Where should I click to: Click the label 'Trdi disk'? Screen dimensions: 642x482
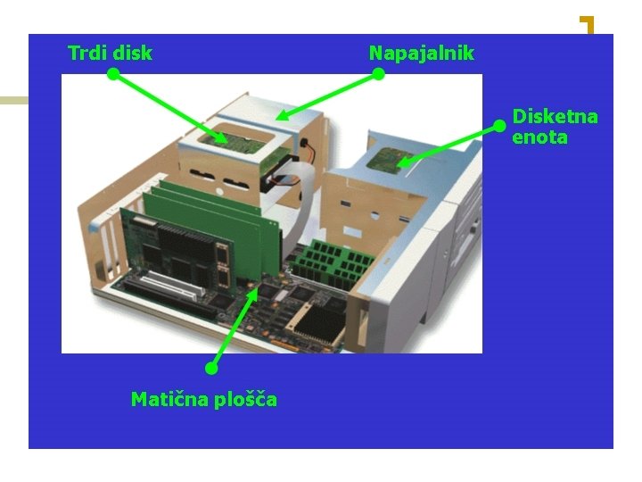110,53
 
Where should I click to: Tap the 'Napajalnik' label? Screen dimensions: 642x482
421,53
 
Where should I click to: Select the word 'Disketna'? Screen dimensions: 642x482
555,117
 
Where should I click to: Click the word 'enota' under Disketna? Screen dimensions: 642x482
539,137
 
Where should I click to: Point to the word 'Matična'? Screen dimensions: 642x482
167,399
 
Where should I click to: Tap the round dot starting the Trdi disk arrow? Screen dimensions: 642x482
113,75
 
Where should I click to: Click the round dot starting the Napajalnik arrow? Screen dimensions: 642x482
378,75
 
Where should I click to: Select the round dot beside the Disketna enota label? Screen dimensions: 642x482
499,127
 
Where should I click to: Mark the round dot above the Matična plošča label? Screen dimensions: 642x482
211,368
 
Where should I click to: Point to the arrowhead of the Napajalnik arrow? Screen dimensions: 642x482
280,116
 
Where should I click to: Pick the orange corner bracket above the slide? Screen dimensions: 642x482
587,24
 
